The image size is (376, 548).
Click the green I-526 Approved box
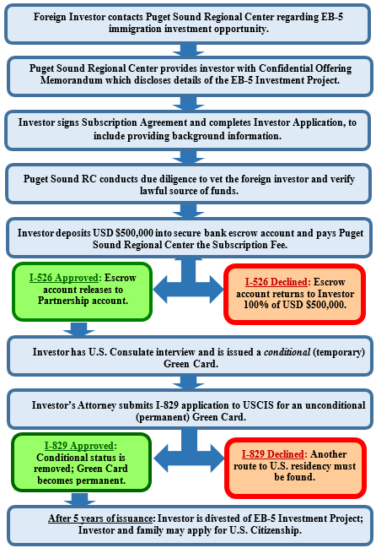click(83, 291)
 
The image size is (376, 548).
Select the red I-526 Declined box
click(295, 294)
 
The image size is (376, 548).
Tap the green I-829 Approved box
click(81, 462)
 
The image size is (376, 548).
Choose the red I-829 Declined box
click(295, 468)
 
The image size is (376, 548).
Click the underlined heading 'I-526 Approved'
click(64, 278)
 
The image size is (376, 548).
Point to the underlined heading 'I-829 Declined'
click(275, 454)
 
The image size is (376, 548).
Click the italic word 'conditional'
click(287, 352)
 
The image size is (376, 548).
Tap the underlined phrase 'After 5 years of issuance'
click(101, 518)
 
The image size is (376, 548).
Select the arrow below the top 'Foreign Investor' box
click(188, 50)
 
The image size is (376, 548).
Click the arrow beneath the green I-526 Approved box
click(79, 329)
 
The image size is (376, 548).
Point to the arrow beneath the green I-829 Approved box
click(79, 499)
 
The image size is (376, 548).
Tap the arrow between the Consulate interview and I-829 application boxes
click(188, 383)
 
